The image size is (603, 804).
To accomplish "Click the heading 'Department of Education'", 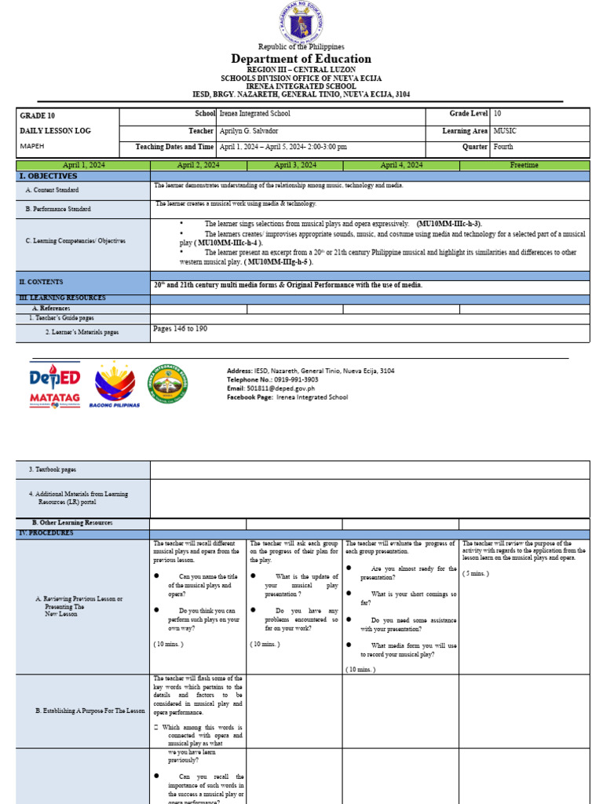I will tap(301, 59).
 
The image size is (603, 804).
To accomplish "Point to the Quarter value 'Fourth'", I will tap(504, 146).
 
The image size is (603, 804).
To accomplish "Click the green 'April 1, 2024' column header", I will tap(83, 166).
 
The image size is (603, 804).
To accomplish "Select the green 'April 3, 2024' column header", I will tap(294, 166).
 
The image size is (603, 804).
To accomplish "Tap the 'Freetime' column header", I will tap(524, 166).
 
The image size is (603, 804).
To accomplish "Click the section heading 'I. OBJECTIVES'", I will tap(48, 176).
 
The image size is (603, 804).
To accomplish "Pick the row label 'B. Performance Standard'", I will tap(58, 209).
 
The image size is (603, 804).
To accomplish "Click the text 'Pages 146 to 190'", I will tap(180, 329).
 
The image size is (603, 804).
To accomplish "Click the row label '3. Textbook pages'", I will tap(53, 470).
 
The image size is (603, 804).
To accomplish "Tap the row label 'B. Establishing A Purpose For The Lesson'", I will tap(90, 711).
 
